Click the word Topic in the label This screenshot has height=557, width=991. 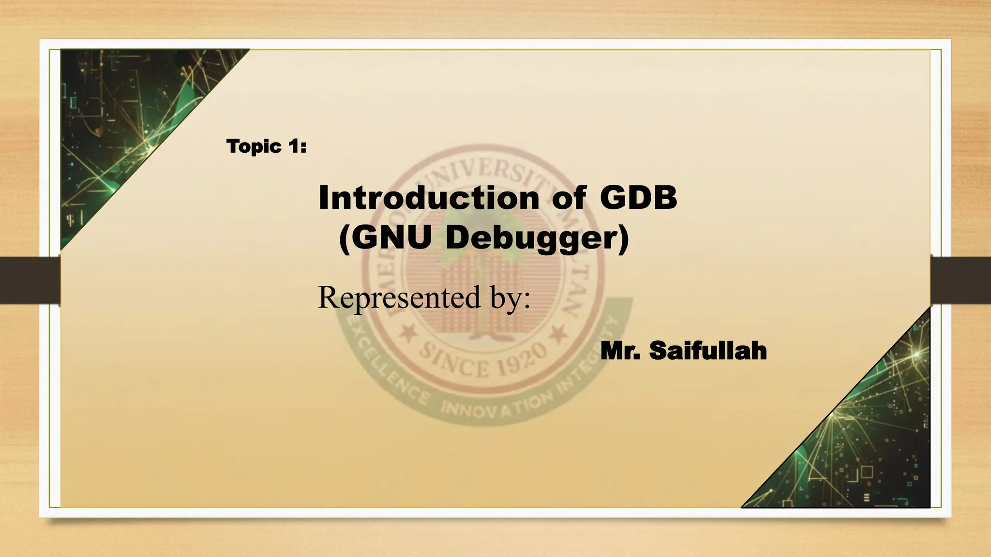254,147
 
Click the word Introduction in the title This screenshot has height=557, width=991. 429,198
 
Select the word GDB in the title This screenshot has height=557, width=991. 638,198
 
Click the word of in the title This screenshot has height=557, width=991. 569,198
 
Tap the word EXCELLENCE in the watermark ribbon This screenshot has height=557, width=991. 382,372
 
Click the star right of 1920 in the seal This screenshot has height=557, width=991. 559,333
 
